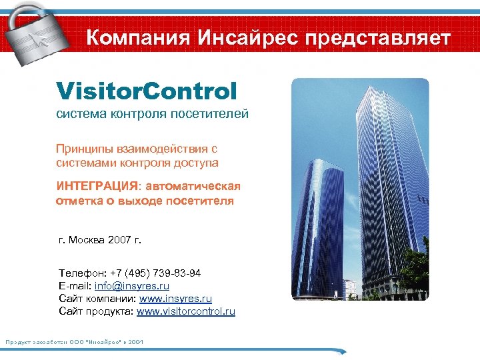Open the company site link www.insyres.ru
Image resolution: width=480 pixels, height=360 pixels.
175,299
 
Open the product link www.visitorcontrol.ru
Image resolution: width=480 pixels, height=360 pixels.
186,311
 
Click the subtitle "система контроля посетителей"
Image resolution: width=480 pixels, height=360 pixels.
151,114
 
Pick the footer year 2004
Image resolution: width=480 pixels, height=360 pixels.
135,342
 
